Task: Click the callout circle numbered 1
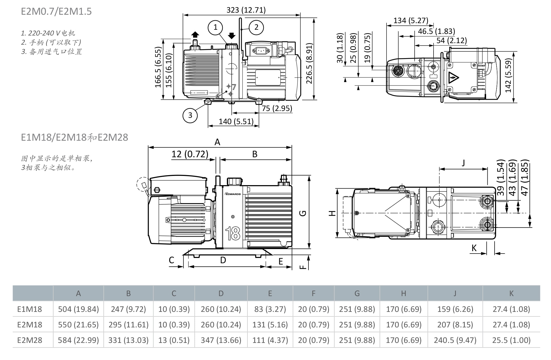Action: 215,27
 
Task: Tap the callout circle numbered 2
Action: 256,27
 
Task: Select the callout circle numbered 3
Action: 190,115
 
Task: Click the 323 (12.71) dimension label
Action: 246,10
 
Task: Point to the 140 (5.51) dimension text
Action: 236,121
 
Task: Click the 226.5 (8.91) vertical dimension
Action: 309,63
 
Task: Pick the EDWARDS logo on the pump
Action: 233,194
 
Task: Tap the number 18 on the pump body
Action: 233,233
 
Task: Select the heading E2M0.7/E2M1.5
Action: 56,12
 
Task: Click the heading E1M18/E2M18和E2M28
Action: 74,137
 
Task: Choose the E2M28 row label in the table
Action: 30,340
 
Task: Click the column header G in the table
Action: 357,293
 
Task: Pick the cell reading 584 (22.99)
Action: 78,340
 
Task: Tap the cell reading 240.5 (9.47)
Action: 455,340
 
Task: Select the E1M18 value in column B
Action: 128,309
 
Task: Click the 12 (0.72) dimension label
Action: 190,154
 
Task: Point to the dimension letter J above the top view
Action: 463,163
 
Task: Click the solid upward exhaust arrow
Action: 195,35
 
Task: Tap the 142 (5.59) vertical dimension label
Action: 509,76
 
